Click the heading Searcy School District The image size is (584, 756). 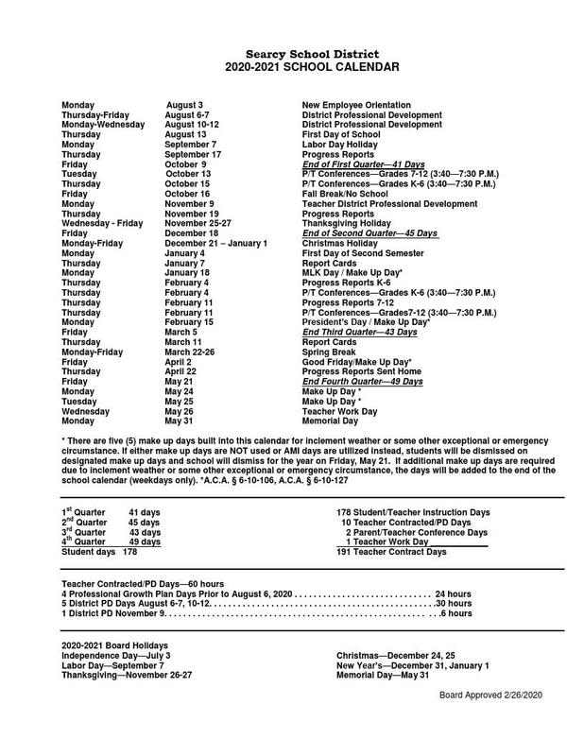(292, 55)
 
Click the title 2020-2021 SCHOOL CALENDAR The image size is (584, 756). (292, 68)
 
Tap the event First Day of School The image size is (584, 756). (341, 134)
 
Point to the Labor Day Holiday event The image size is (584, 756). (344, 145)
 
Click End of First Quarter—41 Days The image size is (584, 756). (364, 164)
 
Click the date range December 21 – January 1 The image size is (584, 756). (215, 243)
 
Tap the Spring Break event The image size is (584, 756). (330, 352)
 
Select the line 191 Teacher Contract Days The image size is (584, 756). (391, 551)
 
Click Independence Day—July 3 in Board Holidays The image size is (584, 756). (116, 655)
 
